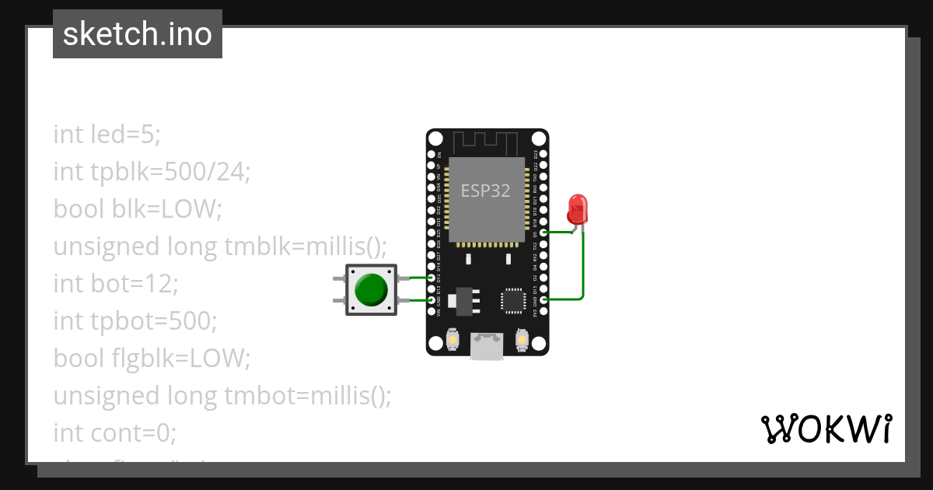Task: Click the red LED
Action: click(x=577, y=208)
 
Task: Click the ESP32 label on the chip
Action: click(x=486, y=191)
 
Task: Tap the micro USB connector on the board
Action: click(x=487, y=345)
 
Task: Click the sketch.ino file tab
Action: click(x=138, y=34)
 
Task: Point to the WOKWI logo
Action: click(x=826, y=429)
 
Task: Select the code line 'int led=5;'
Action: click(x=107, y=135)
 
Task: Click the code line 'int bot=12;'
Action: click(x=116, y=283)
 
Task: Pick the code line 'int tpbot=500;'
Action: click(x=135, y=320)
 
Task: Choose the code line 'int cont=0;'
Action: click(x=115, y=432)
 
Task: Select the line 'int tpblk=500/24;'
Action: click(x=152, y=172)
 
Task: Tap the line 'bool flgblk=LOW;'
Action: click(x=152, y=358)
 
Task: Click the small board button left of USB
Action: click(x=453, y=340)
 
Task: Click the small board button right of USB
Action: click(x=521, y=340)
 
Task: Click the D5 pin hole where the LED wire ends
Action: click(x=542, y=232)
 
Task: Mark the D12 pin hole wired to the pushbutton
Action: click(x=432, y=278)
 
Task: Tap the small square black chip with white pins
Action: click(x=513, y=300)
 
